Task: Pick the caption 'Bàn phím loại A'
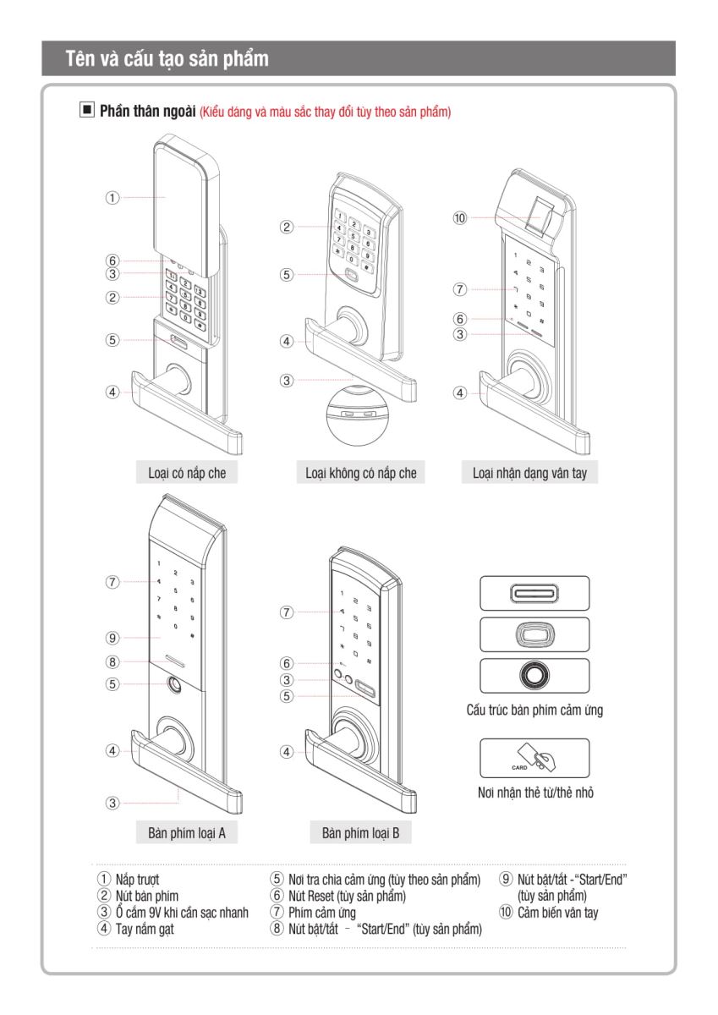pyautogui.click(x=186, y=832)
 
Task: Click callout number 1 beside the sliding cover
pyautogui.click(x=112, y=197)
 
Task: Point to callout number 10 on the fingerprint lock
pyautogui.click(x=460, y=218)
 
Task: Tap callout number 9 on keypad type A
pyautogui.click(x=112, y=637)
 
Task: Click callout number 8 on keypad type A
pyautogui.click(x=112, y=661)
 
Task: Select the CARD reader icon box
pyautogui.click(x=534, y=758)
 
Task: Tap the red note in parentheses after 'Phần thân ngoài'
pyautogui.click(x=325, y=112)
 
